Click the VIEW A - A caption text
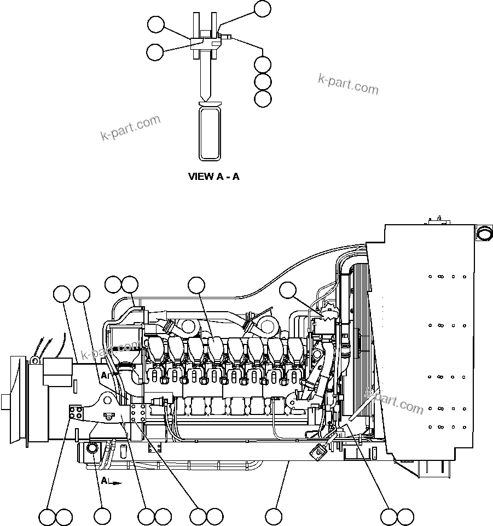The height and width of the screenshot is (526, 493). [x=214, y=177]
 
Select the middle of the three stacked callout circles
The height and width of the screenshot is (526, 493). [x=263, y=81]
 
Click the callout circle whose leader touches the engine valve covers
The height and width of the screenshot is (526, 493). [x=196, y=285]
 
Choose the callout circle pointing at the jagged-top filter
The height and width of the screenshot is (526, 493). [x=288, y=290]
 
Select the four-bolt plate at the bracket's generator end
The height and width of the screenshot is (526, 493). [x=75, y=413]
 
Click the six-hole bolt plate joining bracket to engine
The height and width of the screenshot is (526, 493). [x=138, y=413]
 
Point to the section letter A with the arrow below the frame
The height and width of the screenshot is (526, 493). [x=104, y=481]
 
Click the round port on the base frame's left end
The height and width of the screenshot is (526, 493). [x=92, y=450]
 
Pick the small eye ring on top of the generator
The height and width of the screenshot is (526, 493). [x=34, y=360]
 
